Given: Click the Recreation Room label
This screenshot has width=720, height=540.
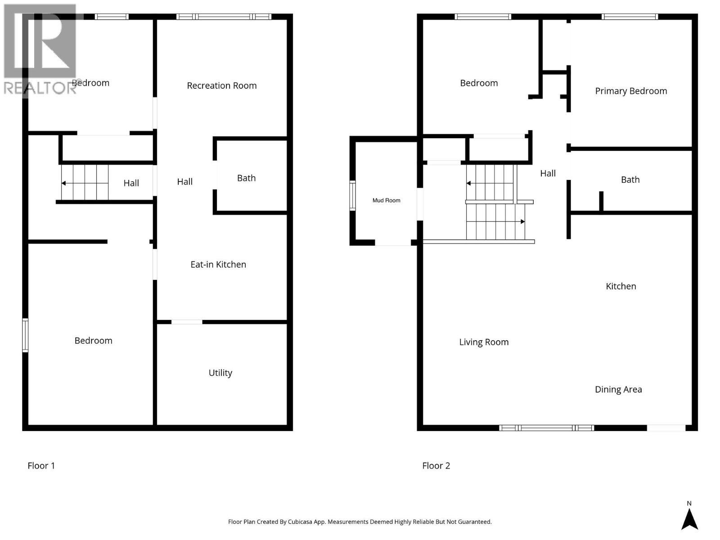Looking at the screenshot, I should click(221, 85).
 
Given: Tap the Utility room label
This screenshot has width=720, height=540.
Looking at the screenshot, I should click(220, 373).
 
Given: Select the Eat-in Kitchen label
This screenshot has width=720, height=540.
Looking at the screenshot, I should click(218, 265).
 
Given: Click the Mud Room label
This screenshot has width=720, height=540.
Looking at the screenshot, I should click(386, 200).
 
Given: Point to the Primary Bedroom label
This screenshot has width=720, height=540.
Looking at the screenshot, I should click(631, 91).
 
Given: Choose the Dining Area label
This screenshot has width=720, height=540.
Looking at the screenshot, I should click(618, 389).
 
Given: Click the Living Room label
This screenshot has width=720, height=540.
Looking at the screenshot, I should click(484, 342).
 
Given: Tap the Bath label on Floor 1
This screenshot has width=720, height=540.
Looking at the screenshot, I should click(246, 178).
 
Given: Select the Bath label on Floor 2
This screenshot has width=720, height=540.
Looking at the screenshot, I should click(630, 180).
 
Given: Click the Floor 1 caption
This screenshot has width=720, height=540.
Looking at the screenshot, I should click(41, 466).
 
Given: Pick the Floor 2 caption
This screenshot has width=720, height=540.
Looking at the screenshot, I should click(436, 466).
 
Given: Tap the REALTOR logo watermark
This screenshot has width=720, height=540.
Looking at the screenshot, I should click(40, 49).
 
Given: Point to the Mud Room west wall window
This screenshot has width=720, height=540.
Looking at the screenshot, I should click(352, 195).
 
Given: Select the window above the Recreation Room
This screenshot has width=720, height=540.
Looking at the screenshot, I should click(224, 17).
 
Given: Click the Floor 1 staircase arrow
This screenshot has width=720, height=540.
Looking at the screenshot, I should click(64, 183).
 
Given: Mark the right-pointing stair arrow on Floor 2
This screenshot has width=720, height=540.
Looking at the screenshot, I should click(522, 221).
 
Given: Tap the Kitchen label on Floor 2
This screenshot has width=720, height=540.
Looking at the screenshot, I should click(621, 286).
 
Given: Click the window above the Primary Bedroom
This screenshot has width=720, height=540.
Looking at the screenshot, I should click(630, 17).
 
